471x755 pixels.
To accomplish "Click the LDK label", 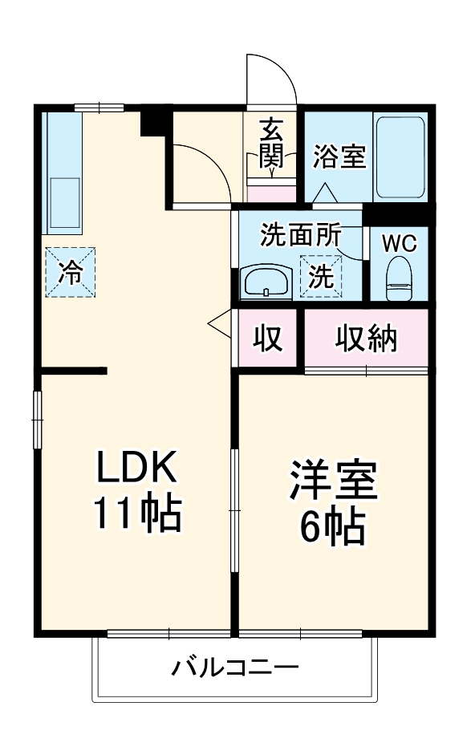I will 136,466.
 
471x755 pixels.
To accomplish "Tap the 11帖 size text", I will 136,514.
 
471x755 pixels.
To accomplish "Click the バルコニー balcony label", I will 235,668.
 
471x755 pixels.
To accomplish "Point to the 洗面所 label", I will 301,236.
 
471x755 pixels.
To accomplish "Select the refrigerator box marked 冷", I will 71,272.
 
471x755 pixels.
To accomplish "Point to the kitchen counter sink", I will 63,201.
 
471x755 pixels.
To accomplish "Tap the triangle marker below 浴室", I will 324,193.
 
